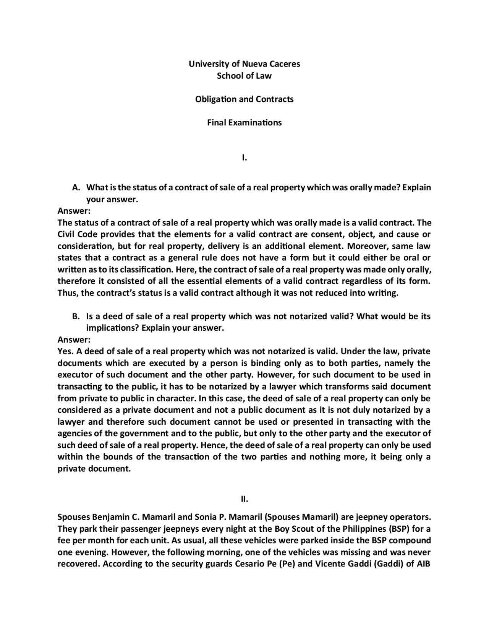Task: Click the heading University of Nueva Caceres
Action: [x=244, y=64]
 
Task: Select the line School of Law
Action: [x=244, y=76]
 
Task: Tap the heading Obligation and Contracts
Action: [x=244, y=99]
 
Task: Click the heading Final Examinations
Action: [x=244, y=123]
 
